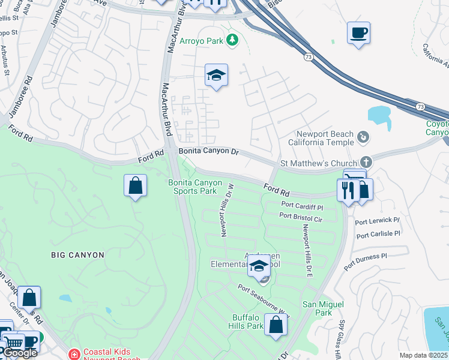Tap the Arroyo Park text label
click(201, 41)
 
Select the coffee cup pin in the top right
click(358, 33)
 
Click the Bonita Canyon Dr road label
click(208, 151)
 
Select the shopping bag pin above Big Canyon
click(136, 185)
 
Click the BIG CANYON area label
click(77, 255)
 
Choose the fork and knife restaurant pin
click(349, 191)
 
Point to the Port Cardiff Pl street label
click(302, 205)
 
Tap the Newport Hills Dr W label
click(226, 211)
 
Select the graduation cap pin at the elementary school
click(259, 266)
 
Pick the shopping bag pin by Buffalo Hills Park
click(276, 325)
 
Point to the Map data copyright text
click(424, 355)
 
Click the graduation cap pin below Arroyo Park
click(216, 75)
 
